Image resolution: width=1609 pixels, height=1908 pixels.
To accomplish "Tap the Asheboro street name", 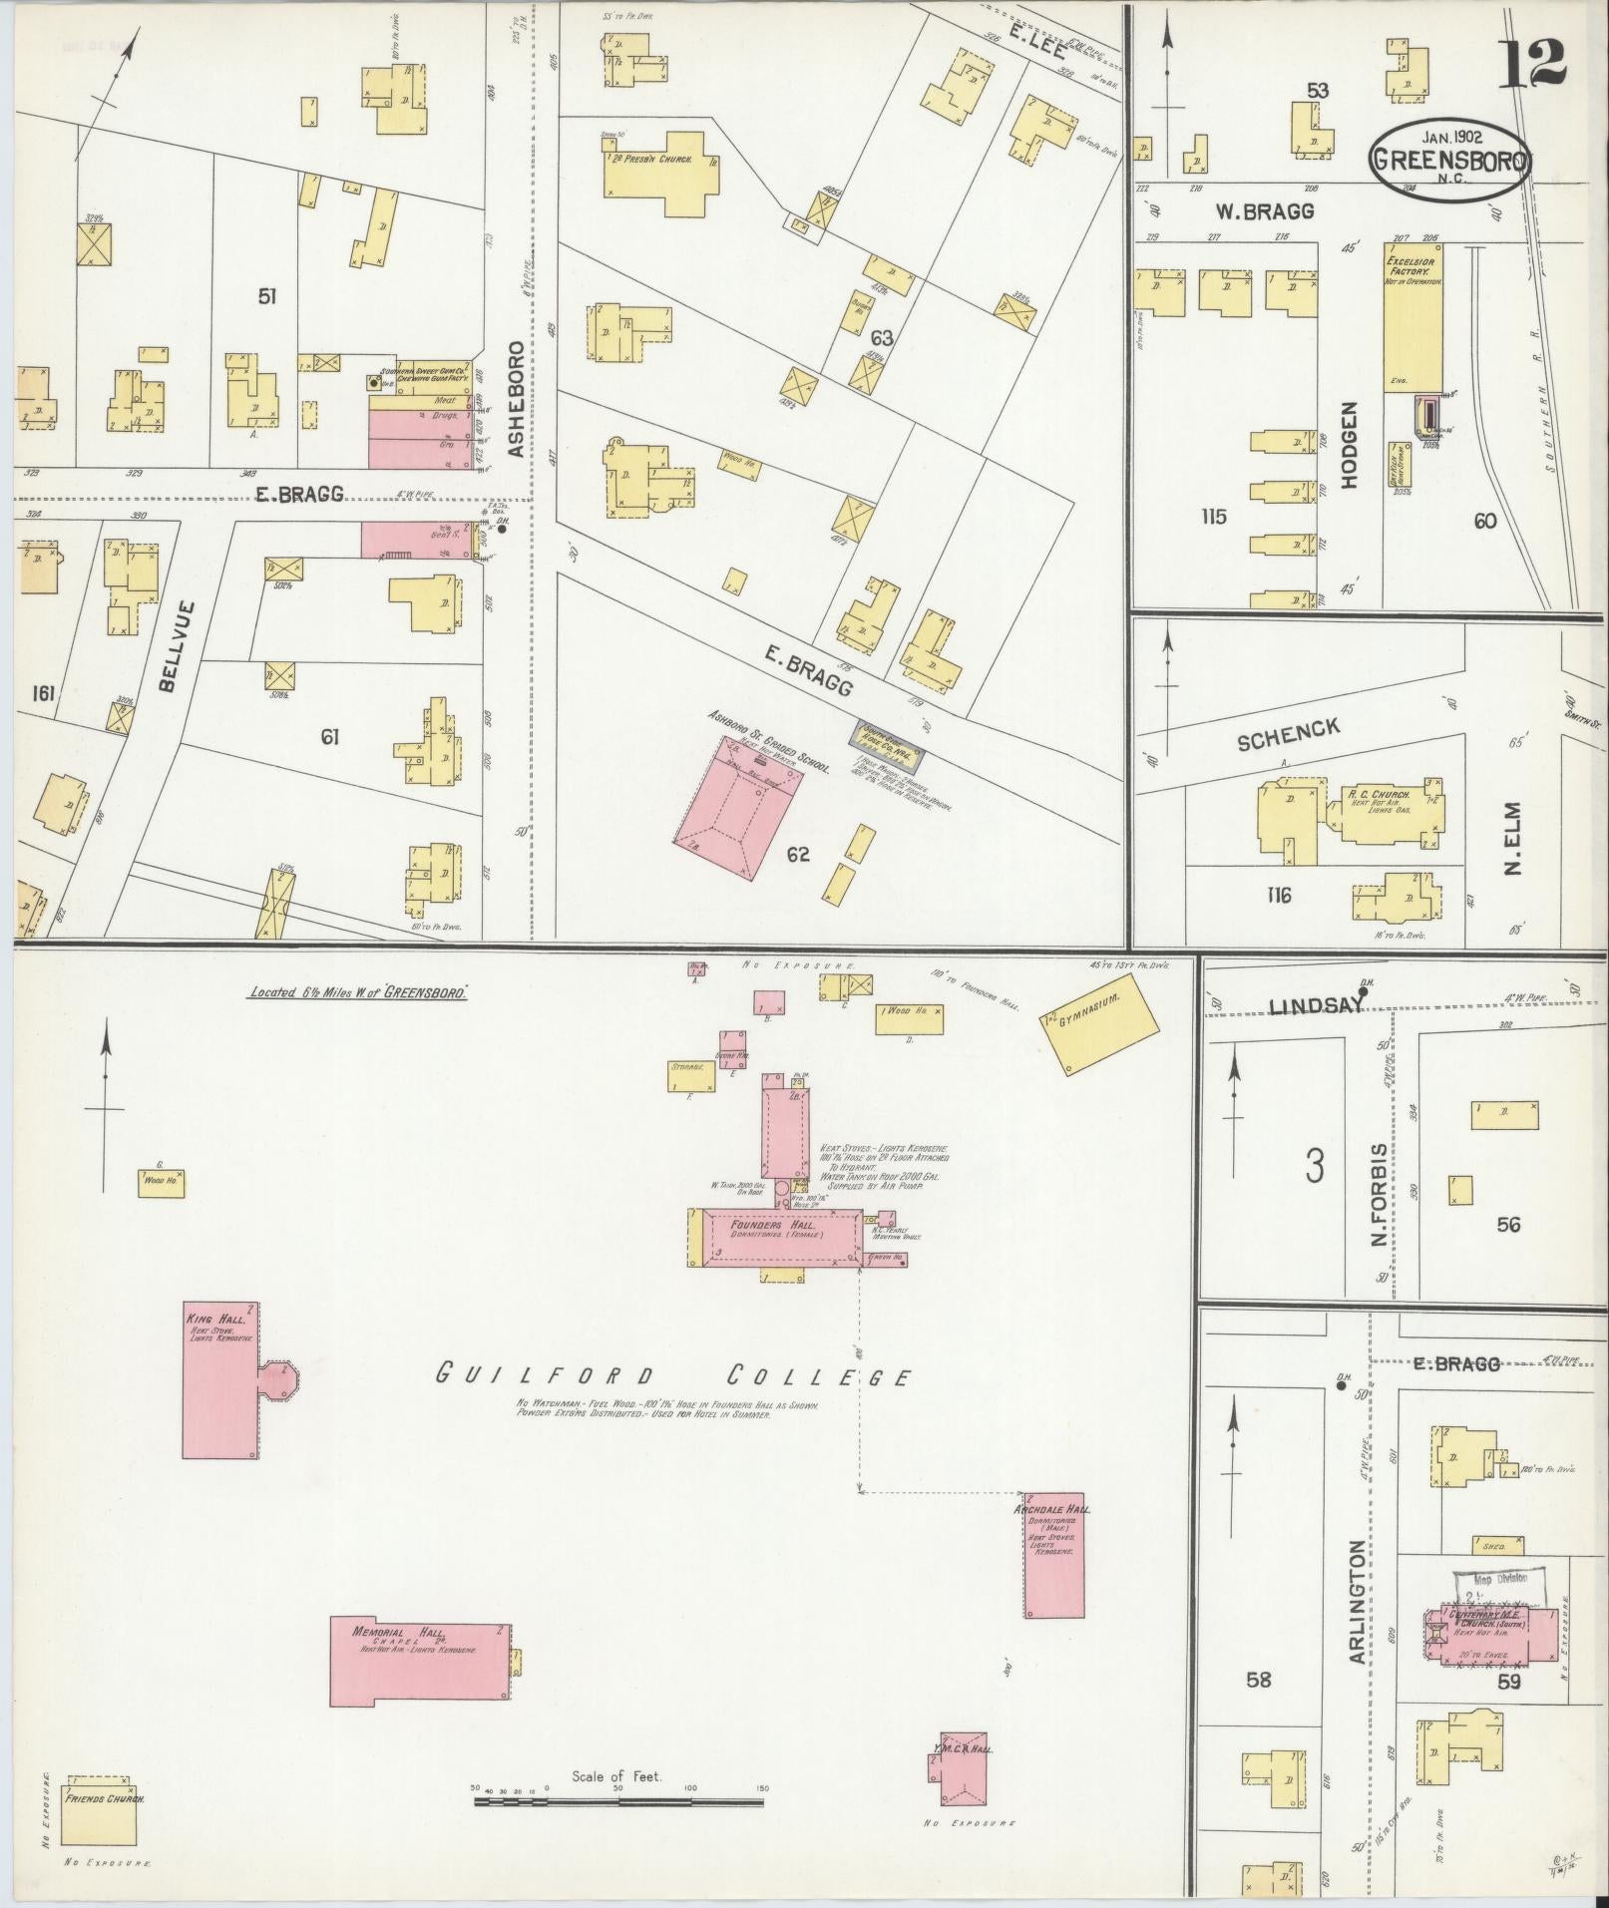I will (x=516, y=399).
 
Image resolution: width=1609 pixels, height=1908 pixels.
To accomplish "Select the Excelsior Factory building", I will (x=1411, y=316).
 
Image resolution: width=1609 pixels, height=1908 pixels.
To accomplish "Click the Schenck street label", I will (x=1288, y=735).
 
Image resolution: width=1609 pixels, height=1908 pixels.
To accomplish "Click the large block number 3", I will (x=1315, y=1165).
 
